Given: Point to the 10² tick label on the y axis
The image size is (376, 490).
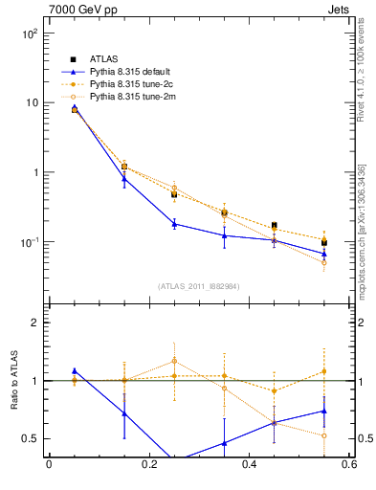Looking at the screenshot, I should [x=29, y=33].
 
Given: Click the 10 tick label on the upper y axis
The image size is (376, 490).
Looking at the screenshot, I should [x=32, y=102].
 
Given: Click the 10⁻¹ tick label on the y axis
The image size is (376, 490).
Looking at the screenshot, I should [x=28, y=242].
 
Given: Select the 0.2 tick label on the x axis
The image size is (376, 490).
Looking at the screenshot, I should [x=148, y=465].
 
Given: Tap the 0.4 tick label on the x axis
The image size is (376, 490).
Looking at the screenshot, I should [x=249, y=465].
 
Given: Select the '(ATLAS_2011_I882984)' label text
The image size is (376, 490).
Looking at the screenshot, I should [x=199, y=285].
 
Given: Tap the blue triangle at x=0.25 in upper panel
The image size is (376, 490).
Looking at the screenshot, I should [x=174, y=224].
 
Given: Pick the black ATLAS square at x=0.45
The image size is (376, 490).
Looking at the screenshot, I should [x=275, y=226].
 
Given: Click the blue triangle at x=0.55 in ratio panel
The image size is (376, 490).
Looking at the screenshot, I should [x=324, y=411].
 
